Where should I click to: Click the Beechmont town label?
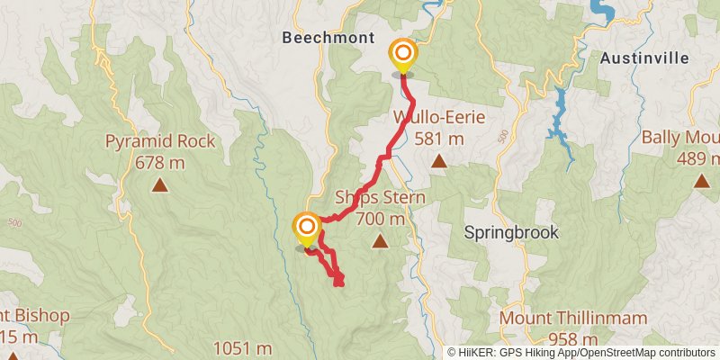pyautogui.click(x=321, y=38)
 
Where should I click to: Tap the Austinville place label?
pyautogui.click(x=643, y=58)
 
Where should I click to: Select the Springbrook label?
pyautogui.click(x=511, y=232)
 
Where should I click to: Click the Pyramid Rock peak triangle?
pyautogui.click(x=160, y=185)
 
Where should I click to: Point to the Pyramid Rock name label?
pyautogui.click(x=160, y=141)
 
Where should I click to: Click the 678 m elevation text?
pyautogui.click(x=160, y=162)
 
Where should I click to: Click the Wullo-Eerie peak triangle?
pyautogui.click(x=438, y=161)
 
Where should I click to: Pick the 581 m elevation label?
pyautogui.click(x=439, y=139)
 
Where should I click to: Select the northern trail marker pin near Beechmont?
pyautogui.click(x=402, y=57)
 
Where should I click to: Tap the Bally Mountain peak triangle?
pyautogui.click(x=701, y=181)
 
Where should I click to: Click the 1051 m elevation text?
pyautogui.click(x=242, y=348)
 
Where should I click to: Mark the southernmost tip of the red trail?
pyautogui.click(x=338, y=284)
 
